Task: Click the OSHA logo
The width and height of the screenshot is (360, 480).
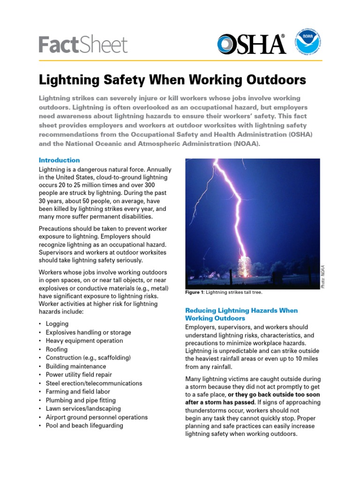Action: click(251, 44)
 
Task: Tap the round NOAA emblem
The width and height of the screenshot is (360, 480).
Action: click(308, 44)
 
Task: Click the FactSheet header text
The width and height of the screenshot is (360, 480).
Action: click(83, 45)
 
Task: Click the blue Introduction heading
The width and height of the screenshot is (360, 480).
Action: click(59, 160)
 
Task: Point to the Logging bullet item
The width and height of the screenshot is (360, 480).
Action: click(57, 324)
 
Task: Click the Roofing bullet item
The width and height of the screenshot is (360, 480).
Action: click(57, 349)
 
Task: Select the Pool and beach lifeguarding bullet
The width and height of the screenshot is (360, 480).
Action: click(84, 426)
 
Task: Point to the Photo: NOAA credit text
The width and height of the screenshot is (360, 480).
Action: click(322, 277)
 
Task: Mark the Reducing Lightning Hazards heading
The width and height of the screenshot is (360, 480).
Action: click(241, 314)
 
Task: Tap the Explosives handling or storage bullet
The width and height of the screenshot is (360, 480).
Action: click(88, 332)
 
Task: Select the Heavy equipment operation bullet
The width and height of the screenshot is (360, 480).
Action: click(84, 341)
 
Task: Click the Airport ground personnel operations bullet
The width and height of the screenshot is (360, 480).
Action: click(97, 417)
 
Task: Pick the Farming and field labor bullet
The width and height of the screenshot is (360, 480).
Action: click(78, 392)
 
